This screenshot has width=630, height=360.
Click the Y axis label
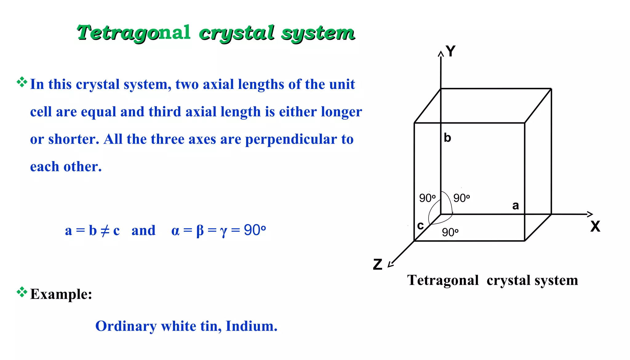coord(451,51)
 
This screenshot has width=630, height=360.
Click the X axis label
coord(595,227)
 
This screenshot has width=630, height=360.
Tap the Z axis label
coord(378,264)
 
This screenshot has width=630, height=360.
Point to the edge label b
coord(447,138)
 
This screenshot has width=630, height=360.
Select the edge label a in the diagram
coord(516,205)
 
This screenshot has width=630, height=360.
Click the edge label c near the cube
coord(420,225)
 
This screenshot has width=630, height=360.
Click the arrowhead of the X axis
coord(590,214)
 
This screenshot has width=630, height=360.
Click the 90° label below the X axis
coord(450,232)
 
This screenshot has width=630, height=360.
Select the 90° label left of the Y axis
coord(427,198)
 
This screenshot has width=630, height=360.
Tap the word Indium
coord(251,326)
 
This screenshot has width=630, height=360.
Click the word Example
coord(61,294)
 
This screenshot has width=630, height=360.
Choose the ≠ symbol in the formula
coord(105,231)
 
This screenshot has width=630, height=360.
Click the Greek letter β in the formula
coord(200,231)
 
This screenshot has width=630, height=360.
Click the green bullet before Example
coord(22,292)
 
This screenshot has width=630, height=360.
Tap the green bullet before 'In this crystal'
coord(22,82)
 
